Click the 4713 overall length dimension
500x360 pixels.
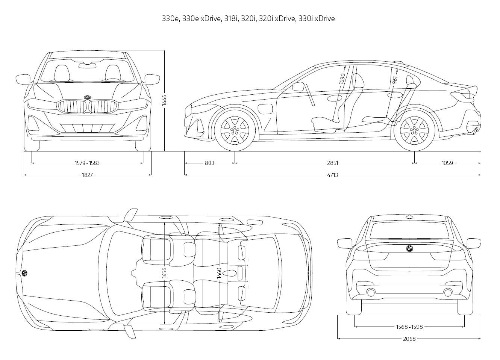[332, 175]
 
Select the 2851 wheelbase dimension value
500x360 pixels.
[332, 163]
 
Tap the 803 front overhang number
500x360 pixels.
[209, 163]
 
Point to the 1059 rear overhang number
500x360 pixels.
[447, 163]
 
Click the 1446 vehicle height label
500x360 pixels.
[164, 101]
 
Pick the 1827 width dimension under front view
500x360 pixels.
[87, 175]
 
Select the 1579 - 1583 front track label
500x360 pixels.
[87, 163]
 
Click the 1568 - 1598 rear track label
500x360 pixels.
[409, 327]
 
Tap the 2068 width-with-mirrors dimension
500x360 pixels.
[409, 339]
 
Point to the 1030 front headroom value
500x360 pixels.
[342, 78]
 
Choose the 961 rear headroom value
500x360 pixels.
[394, 80]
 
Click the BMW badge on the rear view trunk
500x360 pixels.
[409, 249]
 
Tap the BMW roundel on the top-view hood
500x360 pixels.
[24, 274]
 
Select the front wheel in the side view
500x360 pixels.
[235, 130]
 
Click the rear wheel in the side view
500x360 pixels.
[414, 130]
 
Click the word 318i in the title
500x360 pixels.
[232, 18]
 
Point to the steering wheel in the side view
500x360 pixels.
[310, 95]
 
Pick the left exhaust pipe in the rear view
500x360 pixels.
[371, 292]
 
